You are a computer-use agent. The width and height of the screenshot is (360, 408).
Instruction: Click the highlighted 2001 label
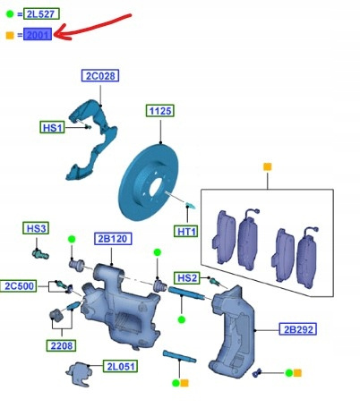[x=38, y=35]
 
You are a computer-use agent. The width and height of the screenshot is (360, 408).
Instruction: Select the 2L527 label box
[x=41, y=13]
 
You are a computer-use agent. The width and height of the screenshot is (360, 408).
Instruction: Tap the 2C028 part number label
[x=100, y=76]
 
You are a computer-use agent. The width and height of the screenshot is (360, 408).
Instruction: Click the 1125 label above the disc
[x=160, y=111]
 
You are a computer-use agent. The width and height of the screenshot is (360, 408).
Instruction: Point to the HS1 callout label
[x=52, y=127]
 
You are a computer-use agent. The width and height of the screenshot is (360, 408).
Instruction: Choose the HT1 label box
[x=185, y=232]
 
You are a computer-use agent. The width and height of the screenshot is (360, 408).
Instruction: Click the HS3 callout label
[x=36, y=228]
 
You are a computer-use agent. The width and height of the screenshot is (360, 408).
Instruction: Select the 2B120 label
[x=113, y=239]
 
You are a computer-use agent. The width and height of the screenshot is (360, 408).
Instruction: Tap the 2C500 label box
[x=19, y=286]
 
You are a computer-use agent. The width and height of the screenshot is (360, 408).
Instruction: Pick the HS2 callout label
[x=187, y=278]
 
